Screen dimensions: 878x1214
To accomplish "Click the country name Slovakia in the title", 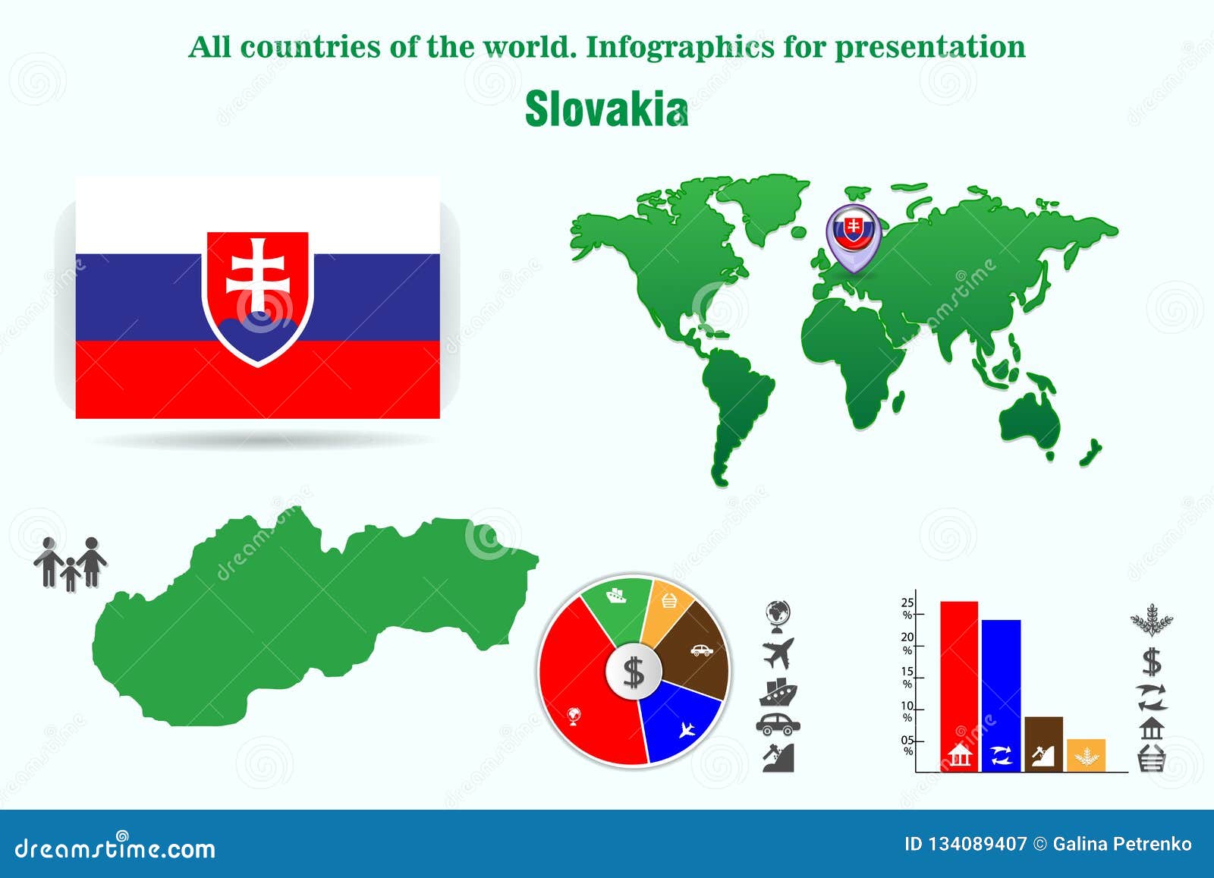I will (x=605, y=109).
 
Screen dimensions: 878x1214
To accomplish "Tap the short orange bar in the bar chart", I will (x=1086, y=754).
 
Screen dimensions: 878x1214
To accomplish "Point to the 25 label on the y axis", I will (x=907, y=603).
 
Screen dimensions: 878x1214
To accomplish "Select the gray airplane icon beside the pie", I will (x=778, y=653).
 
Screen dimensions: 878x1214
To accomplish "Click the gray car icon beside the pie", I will (x=778, y=725).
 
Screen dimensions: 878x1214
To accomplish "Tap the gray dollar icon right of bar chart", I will (x=1152, y=662).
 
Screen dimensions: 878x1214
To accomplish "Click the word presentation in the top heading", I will (x=930, y=47).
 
